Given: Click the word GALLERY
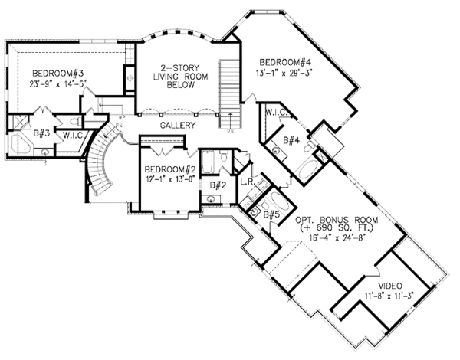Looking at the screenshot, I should pos(177,125).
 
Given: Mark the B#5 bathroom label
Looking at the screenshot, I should pos(271,214).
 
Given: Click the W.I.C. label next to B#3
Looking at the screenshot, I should pos(74,136).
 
